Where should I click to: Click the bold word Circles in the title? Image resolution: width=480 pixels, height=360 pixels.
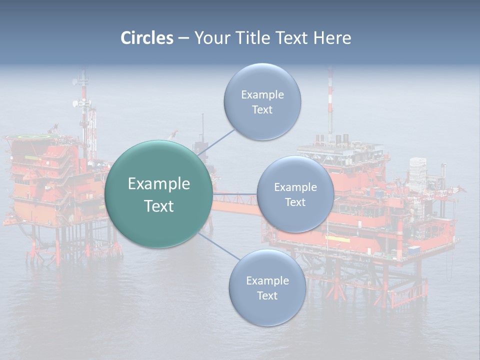pyautogui.click(x=146, y=38)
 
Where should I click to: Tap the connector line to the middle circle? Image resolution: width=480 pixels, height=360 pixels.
pyautogui.click(x=235, y=194)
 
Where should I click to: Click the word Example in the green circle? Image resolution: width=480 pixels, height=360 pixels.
pyautogui.click(x=158, y=184)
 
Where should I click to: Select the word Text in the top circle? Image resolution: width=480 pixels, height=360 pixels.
pyautogui.click(x=262, y=110)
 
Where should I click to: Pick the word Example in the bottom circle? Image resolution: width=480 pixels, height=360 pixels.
pyautogui.click(x=267, y=280)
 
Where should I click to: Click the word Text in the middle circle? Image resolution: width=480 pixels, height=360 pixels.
pyautogui.click(x=295, y=202)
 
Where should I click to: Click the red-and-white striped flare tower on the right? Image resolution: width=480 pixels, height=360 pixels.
pyautogui.click(x=330, y=100)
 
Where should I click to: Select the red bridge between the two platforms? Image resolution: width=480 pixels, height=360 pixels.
pyautogui.click(x=235, y=205)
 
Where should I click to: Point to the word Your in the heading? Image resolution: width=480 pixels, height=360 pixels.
pyautogui.click(x=211, y=38)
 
